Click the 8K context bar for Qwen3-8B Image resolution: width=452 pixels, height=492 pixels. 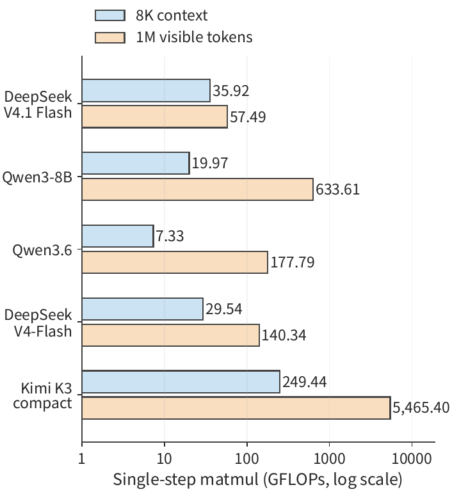pyautogui.click(x=136, y=163)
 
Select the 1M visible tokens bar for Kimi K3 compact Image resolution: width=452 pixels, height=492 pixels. pyautogui.click(x=236, y=408)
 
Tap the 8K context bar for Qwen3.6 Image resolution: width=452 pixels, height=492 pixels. pyautogui.click(x=118, y=236)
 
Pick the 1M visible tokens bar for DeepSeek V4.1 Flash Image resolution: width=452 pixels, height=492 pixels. pyautogui.click(x=155, y=116)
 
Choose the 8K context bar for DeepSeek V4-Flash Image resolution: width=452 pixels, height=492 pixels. pyautogui.click(x=143, y=309)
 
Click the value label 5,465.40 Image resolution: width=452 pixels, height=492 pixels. pyautogui.click(x=421, y=408)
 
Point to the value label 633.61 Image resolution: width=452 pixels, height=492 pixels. pyautogui.click(x=337, y=189)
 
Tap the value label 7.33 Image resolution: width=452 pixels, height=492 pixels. pyautogui.click(x=170, y=236)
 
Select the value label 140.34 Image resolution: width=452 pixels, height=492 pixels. pyautogui.click(x=284, y=335)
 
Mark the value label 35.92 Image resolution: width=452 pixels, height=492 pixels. pyautogui.click(x=230, y=91)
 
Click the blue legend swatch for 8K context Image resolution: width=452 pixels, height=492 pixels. pyautogui.click(x=110, y=15)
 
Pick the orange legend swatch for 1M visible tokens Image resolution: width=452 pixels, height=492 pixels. pyautogui.click(x=110, y=38)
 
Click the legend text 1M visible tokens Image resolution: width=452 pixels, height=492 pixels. pyautogui.click(x=194, y=37)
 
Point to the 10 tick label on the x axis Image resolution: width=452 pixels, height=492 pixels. pyautogui.click(x=164, y=459)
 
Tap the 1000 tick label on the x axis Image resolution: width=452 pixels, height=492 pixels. pyautogui.click(x=329, y=459)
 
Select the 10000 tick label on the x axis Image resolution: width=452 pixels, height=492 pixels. pyautogui.click(x=412, y=459)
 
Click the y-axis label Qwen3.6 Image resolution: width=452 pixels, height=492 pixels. pyautogui.click(x=42, y=250)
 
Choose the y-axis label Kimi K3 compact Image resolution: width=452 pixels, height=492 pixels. pyautogui.click(x=42, y=395)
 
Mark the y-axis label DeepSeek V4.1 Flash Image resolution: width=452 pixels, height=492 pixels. pyautogui.click(x=38, y=104)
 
